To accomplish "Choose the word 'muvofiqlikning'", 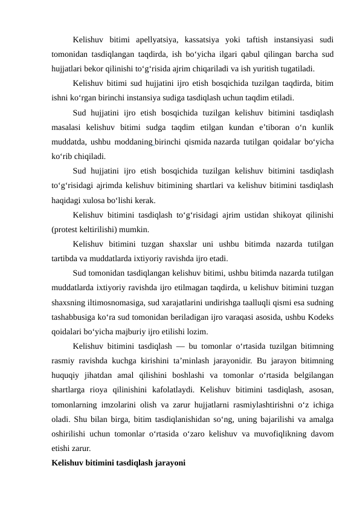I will tap(283, 434).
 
